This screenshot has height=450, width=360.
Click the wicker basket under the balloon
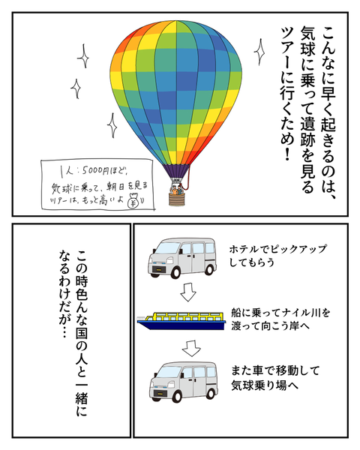pos(176,199)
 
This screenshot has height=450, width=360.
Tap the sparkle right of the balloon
pos(260,52)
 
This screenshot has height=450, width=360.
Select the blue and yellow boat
pos(181,321)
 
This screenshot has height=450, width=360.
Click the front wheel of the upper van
pos(175,271)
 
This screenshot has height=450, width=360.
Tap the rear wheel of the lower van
pos(211,394)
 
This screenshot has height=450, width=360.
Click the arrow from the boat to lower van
pos(191,349)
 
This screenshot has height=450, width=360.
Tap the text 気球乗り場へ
pos(265,385)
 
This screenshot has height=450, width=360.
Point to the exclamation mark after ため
pos(286,154)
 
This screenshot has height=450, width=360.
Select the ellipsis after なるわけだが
pos(64,331)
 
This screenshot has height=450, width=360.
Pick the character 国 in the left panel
pos(81,332)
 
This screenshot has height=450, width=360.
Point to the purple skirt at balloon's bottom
pos(176,172)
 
